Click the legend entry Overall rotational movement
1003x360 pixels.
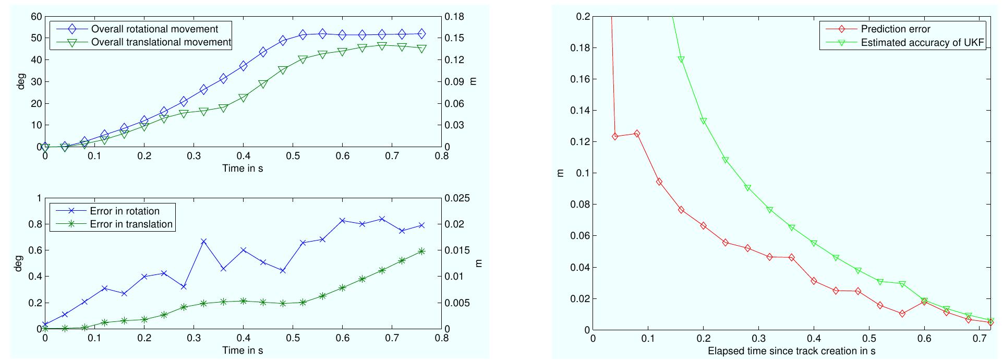[x=154, y=29]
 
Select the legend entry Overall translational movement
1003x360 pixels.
[x=161, y=42]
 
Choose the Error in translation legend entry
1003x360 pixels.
[x=131, y=224]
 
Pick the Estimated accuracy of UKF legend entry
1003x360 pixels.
[x=922, y=43]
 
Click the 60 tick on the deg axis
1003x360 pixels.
[x=35, y=17]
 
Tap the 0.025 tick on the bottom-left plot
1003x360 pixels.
[x=457, y=198]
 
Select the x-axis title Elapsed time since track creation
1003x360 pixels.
[x=791, y=351]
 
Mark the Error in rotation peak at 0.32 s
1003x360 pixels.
[x=204, y=242]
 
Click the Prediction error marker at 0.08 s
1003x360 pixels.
[x=637, y=134]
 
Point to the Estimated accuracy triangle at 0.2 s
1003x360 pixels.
[x=704, y=121]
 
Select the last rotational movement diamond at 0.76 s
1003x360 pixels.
[x=421, y=34]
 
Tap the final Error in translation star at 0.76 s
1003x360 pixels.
[x=421, y=251]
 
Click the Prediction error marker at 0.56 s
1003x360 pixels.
[x=902, y=314]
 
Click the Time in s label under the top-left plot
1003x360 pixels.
[x=243, y=168]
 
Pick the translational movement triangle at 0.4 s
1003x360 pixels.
[x=243, y=98]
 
